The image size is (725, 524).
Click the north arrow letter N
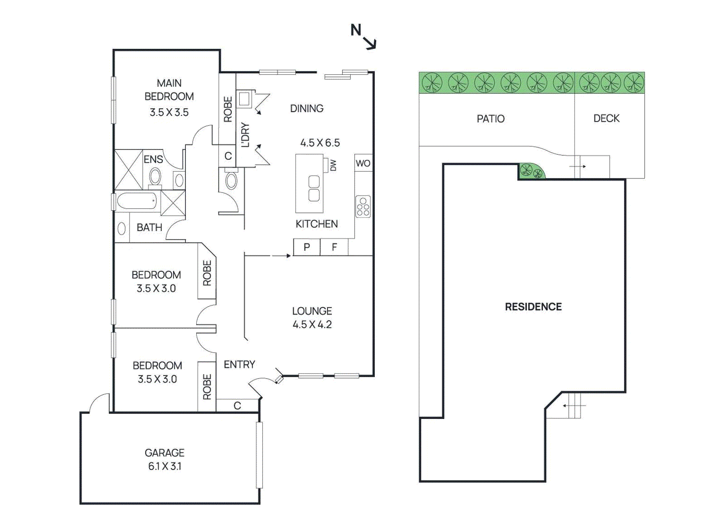[x=356, y=30]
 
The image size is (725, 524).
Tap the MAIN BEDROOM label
[x=169, y=90]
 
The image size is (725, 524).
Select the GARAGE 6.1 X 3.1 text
[x=164, y=459]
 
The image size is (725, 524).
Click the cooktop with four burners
[x=363, y=207]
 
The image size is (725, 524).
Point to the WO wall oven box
[x=363, y=163]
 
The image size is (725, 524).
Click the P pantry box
[x=307, y=247]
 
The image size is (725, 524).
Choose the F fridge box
[x=334, y=247]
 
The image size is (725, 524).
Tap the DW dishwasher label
[x=333, y=165]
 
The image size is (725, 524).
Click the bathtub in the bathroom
[x=137, y=201]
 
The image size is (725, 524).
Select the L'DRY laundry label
[x=245, y=135]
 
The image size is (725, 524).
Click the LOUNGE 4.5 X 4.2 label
[x=312, y=317]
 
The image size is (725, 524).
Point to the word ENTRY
[x=239, y=365]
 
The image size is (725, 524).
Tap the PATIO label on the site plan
[x=490, y=119]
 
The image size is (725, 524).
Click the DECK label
[x=606, y=118]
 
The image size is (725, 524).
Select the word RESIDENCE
[x=533, y=307]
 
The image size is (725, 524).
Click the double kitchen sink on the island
[x=314, y=188]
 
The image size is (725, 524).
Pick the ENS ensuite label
[x=153, y=159]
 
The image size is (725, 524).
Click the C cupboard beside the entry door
[x=237, y=405]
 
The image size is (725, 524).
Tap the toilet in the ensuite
[x=155, y=177]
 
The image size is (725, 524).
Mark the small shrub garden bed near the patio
[x=531, y=172]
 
